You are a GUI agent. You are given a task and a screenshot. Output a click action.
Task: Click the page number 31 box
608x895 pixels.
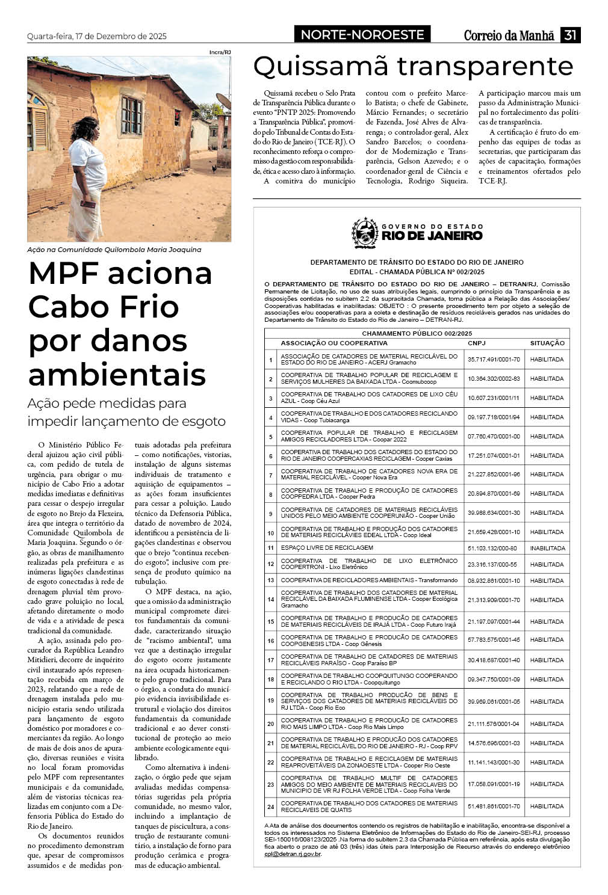(x=570, y=35)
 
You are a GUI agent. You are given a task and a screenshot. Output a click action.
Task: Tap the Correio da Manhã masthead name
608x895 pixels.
(x=509, y=35)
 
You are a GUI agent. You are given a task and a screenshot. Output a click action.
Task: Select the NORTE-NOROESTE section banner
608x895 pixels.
(x=362, y=35)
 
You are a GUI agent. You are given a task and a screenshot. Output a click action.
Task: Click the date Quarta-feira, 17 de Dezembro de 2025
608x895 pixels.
(x=97, y=36)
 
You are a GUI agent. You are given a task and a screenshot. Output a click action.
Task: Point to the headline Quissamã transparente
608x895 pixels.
(x=413, y=66)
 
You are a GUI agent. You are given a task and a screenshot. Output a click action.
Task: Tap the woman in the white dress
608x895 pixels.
(x=87, y=180)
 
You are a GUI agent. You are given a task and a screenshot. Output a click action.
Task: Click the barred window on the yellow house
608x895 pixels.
(x=131, y=115)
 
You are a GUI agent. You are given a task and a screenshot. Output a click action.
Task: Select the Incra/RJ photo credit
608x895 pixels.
(x=220, y=52)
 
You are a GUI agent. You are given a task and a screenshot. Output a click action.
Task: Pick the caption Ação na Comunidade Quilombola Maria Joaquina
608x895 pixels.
(x=114, y=250)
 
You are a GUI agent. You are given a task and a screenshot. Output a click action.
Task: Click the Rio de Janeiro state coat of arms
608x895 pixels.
(x=365, y=233)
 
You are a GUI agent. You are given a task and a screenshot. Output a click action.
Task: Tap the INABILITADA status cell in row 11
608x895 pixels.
(x=547, y=548)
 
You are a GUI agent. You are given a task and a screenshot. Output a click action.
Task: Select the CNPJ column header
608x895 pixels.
(x=476, y=343)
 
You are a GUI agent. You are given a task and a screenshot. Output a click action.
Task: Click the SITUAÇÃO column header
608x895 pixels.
(x=547, y=343)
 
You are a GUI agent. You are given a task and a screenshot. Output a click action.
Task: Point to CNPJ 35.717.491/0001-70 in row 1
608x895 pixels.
(x=494, y=359)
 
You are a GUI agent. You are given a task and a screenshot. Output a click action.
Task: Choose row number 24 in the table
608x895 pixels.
(x=271, y=807)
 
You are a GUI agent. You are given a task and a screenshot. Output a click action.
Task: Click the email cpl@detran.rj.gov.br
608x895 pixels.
(x=293, y=853)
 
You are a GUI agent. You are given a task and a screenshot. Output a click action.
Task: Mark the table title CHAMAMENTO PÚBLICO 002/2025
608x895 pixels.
(x=417, y=333)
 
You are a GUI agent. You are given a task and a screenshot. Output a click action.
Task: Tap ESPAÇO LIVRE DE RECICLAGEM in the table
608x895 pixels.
(x=327, y=548)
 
